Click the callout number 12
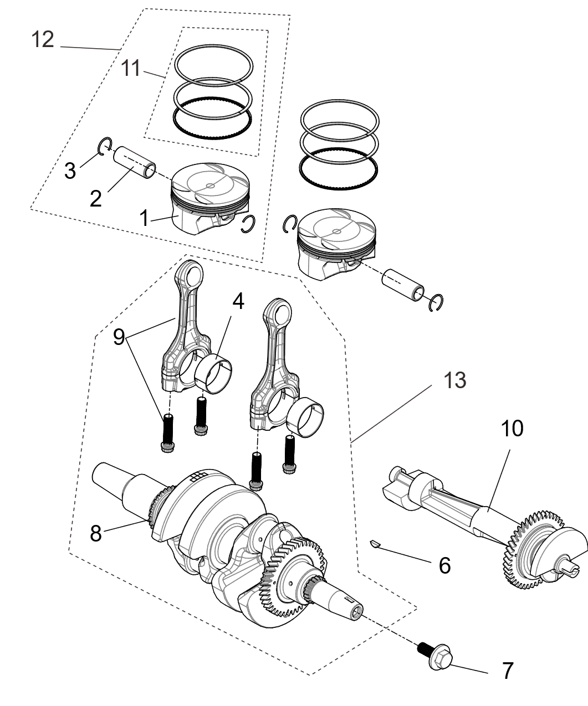click(x=43, y=39)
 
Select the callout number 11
click(x=131, y=69)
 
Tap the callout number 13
click(x=455, y=381)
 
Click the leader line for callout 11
click(x=154, y=73)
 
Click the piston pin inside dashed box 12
click(x=135, y=161)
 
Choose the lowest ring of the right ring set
click(x=339, y=166)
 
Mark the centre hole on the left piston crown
click(x=209, y=186)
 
